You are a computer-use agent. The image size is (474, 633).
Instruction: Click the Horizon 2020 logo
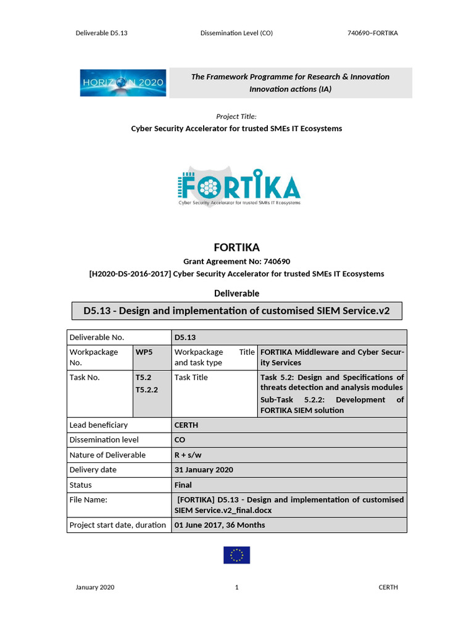123,83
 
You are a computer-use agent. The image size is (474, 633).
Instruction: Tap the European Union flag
236,555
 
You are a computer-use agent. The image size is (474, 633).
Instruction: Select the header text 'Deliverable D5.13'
101,33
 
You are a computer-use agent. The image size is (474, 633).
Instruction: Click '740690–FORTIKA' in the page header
373,33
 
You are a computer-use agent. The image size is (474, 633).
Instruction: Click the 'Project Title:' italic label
236,116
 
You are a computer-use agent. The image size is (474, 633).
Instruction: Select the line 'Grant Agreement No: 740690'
236,261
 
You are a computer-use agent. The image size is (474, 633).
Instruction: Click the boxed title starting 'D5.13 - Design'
236,310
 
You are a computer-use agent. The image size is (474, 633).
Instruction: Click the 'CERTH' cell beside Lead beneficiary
186,425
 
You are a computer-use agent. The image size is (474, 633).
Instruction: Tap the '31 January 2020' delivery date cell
204,470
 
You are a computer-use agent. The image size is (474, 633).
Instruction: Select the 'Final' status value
183,485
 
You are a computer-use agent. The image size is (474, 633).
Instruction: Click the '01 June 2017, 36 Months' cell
220,525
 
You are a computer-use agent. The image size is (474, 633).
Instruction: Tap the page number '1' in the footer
236,587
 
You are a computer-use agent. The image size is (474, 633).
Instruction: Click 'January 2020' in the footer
94,587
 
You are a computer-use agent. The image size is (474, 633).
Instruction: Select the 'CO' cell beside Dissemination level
180,440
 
